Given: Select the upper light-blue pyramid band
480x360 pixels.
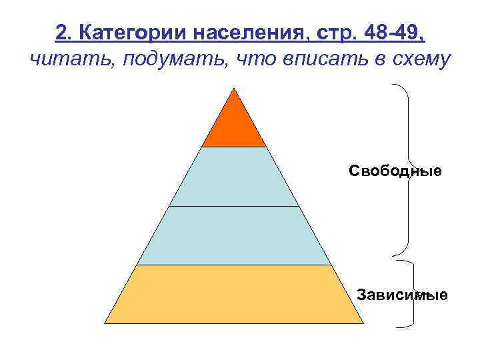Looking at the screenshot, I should tap(233, 177).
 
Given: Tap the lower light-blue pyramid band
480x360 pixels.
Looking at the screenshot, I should tap(233, 235).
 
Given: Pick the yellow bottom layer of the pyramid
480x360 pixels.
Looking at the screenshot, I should tap(233, 293).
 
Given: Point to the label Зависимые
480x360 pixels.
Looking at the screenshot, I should tap(402, 294).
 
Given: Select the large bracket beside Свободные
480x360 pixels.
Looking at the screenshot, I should tap(407, 169).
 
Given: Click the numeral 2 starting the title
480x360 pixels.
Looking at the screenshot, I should tap(61, 31).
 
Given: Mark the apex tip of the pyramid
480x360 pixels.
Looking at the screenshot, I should tap(233, 88).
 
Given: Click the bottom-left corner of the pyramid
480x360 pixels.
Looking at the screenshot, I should tap(104, 323).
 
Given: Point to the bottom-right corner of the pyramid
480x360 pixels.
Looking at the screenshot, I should tap(363, 323).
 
